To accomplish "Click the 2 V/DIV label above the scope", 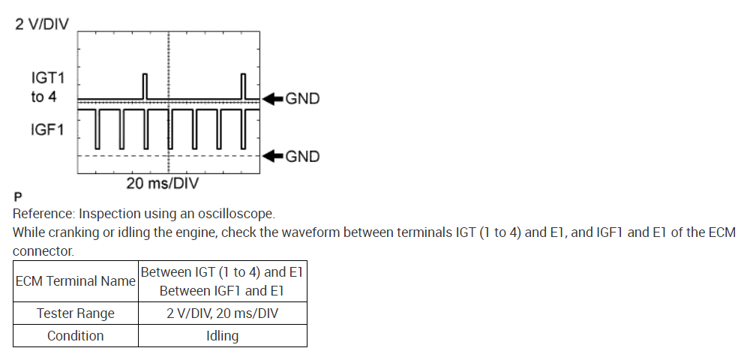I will (42, 24).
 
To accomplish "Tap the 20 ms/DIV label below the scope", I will (162, 183).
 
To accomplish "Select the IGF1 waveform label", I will (47, 130).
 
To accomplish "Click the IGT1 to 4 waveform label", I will (44, 87).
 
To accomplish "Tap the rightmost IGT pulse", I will (243, 85).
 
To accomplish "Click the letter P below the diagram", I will (17, 197).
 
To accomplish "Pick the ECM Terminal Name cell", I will (76, 281).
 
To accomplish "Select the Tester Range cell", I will (76, 313).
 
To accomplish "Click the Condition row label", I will (76, 335).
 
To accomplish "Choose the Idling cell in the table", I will (222, 335).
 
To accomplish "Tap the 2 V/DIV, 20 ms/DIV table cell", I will (222, 313).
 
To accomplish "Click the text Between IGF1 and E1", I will (222, 290).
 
